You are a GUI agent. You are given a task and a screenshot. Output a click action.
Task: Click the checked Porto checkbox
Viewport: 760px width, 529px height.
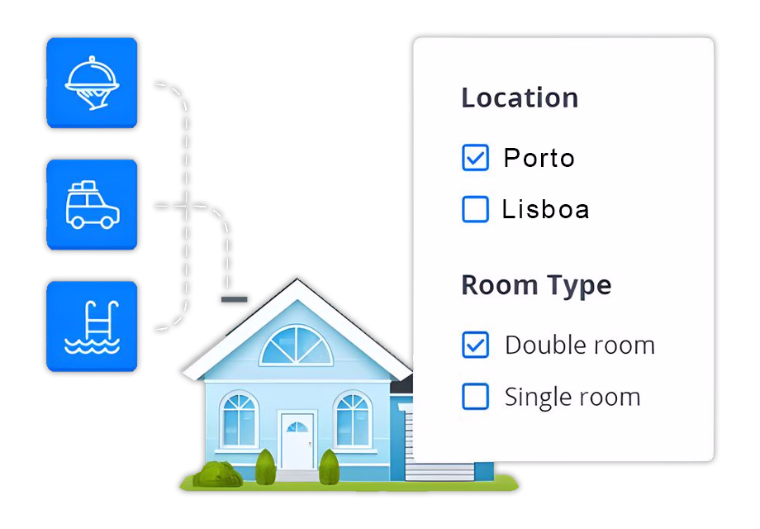(x=475, y=158)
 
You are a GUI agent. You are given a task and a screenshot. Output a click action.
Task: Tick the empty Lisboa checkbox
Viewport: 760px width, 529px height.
(x=475, y=209)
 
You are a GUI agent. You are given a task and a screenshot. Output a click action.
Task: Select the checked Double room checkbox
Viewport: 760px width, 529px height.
(x=475, y=345)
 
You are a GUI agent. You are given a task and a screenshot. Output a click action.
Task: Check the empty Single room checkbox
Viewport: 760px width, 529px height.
(x=475, y=396)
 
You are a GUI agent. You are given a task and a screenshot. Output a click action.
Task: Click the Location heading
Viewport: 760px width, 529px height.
(x=520, y=98)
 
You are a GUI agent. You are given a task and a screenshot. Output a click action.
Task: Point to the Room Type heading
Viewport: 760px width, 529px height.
(x=536, y=285)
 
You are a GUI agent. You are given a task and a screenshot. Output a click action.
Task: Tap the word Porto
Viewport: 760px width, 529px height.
(x=539, y=158)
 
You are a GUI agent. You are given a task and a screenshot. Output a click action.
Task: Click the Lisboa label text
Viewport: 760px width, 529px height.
(x=545, y=209)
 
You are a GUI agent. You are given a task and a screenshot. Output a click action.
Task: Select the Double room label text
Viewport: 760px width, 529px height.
(x=580, y=346)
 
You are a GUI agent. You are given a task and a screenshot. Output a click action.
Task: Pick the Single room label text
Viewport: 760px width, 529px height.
(x=572, y=397)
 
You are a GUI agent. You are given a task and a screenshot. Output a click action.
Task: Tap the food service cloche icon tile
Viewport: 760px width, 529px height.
(x=92, y=83)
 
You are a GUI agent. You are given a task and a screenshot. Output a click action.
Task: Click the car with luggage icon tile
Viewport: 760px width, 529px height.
(x=92, y=205)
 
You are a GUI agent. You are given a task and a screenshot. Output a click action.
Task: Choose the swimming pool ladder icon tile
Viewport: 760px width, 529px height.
(x=92, y=326)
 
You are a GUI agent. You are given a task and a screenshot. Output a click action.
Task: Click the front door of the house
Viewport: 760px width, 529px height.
(x=297, y=441)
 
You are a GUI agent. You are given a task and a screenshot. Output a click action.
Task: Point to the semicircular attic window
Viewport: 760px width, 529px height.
(x=296, y=346)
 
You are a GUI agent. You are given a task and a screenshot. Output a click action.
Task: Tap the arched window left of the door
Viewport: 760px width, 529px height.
(x=239, y=420)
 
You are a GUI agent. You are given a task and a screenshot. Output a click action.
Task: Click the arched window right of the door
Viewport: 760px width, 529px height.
(x=353, y=420)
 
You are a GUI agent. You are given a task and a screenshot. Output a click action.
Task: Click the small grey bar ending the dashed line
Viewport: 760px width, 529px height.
(x=235, y=299)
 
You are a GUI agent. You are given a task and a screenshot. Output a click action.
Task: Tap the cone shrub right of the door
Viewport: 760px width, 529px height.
(x=330, y=466)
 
